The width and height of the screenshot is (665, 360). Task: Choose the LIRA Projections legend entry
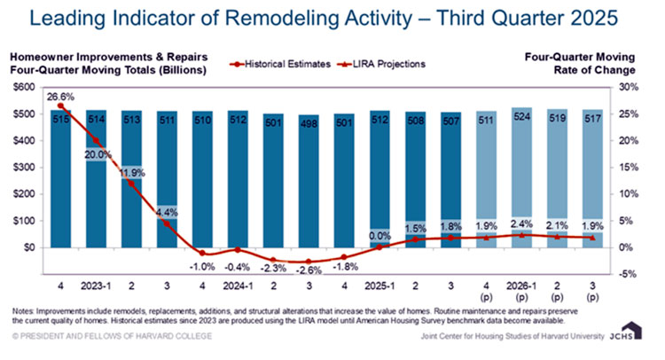[383, 66]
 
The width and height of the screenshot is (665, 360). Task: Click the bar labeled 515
[60, 177]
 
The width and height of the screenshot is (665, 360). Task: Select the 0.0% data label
[379, 236]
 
